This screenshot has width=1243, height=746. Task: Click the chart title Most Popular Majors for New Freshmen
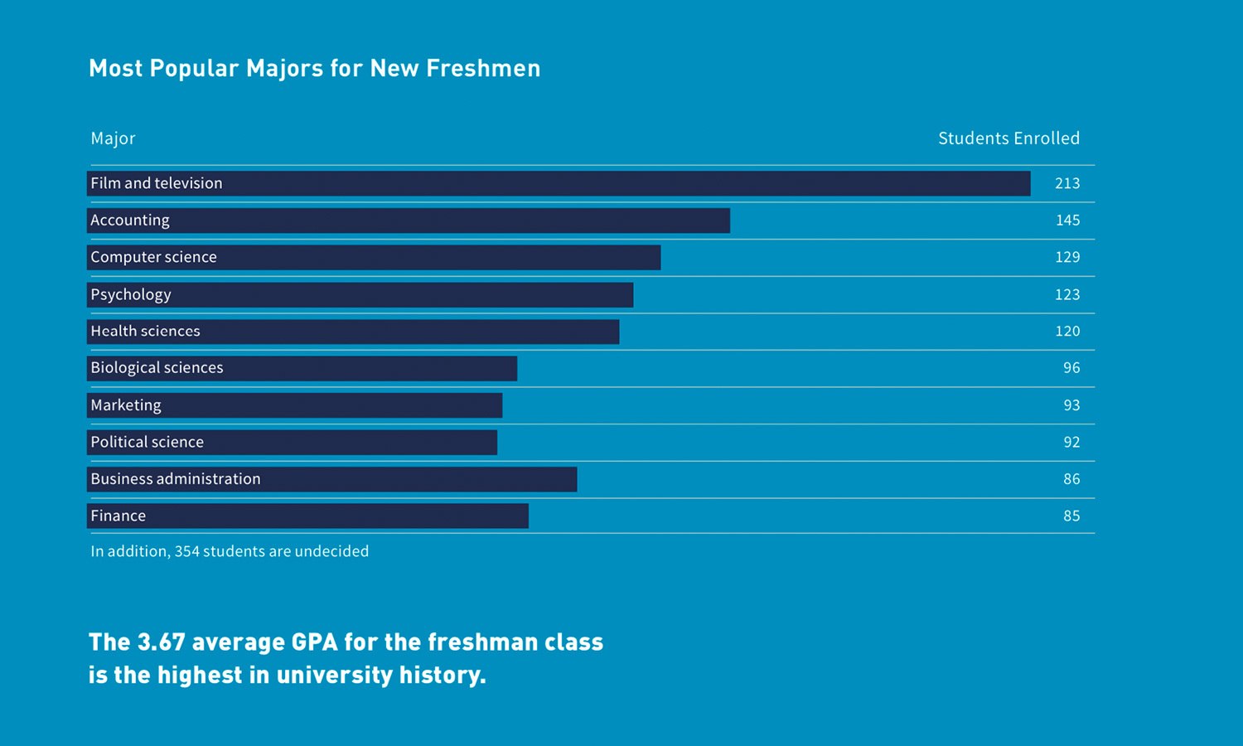[314, 68]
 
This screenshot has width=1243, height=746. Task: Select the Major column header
[113, 138]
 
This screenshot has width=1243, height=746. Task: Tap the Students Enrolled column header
[1008, 138]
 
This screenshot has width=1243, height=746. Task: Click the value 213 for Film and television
[1066, 183]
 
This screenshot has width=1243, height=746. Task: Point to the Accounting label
[130, 220]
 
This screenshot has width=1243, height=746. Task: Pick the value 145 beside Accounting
[1066, 220]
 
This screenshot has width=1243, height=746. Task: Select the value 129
[1066, 257]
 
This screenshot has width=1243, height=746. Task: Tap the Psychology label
[131, 294]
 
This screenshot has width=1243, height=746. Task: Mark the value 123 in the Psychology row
[1066, 294]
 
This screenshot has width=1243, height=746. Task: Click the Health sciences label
[145, 332]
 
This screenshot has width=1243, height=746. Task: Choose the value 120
[1066, 332]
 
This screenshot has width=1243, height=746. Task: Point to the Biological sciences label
[157, 368]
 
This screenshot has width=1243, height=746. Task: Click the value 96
[1071, 368]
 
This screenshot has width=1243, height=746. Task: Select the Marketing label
[126, 405]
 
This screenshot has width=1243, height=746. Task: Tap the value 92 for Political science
[1071, 442]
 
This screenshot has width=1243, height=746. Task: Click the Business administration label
[176, 479]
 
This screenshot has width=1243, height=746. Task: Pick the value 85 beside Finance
[1071, 516]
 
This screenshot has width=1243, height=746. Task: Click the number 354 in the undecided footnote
[186, 551]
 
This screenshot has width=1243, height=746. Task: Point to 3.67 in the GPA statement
[161, 642]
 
